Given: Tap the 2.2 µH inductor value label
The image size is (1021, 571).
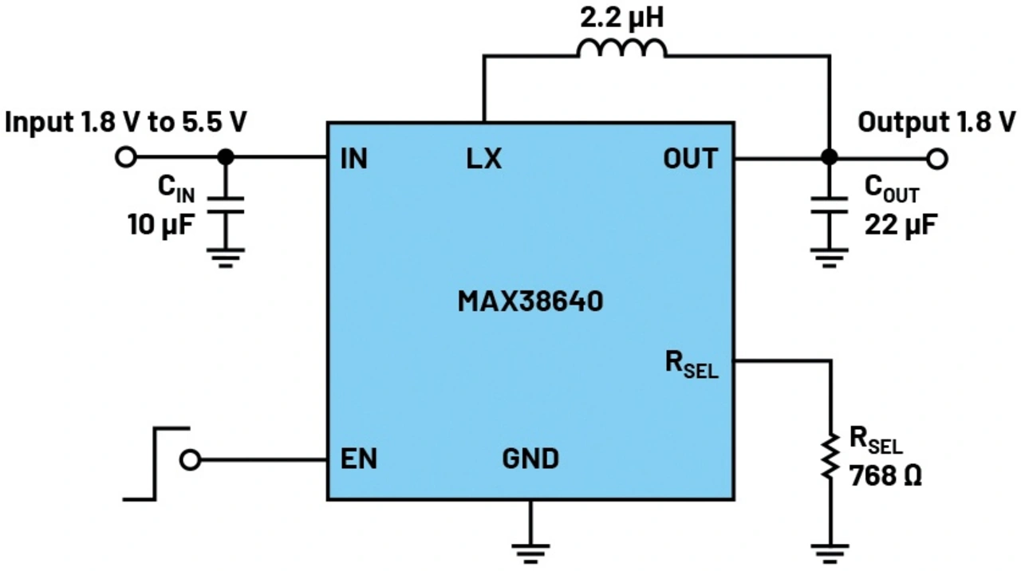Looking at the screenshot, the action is [621, 18].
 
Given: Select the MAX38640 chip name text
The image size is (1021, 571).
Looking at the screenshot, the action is [530, 301].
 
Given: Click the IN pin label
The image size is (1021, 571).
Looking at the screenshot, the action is [353, 159].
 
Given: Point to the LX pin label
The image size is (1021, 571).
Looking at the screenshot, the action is [483, 159].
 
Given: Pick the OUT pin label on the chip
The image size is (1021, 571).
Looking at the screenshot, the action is [690, 159].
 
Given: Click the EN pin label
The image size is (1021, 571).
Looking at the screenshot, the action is [359, 459].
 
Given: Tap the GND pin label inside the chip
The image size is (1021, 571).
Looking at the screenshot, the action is [530, 459].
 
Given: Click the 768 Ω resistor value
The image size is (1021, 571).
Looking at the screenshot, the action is [885, 476].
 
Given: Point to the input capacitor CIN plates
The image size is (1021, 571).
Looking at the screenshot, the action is [226, 205].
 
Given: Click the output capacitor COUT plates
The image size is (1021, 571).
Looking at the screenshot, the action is [829, 205].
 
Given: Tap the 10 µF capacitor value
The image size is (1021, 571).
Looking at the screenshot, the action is [161, 225].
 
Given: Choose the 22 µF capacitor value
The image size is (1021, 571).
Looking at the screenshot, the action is [901, 225].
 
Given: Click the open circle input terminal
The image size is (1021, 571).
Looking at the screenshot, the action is [126, 157].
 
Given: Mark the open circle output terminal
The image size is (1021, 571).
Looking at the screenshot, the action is [937, 159].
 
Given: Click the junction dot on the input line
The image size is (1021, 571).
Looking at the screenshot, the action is [226, 157].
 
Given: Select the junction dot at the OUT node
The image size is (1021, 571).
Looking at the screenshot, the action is [829, 157].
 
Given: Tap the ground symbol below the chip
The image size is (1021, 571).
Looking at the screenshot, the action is [530, 553].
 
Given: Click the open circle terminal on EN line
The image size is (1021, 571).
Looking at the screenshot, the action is [190, 460].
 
